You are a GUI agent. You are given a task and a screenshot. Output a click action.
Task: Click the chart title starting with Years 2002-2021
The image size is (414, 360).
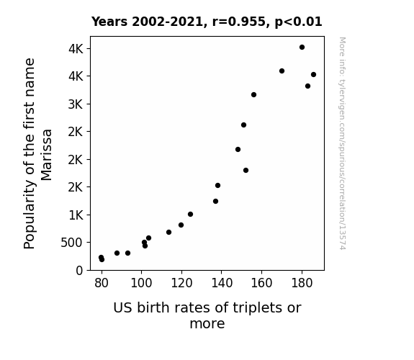pyautogui.click(x=207, y=22)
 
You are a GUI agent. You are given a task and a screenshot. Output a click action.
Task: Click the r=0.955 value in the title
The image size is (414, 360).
pyautogui.click(x=239, y=22)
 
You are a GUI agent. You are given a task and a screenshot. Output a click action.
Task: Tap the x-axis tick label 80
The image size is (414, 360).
pyautogui.click(x=102, y=283)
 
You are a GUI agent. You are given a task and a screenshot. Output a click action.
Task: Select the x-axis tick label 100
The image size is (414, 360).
pyautogui.click(x=142, y=283)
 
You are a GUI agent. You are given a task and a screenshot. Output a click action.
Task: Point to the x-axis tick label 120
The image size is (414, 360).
pyautogui.click(x=181, y=283)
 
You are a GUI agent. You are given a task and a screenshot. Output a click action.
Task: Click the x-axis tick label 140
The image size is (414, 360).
pyautogui.click(x=222, y=283)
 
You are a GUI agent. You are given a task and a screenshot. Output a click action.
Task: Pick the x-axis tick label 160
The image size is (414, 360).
pyautogui.click(x=261, y=283)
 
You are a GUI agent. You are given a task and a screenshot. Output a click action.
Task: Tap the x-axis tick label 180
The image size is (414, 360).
pyautogui.click(x=302, y=283)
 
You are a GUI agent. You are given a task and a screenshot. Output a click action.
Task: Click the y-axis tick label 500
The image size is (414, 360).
pyautogui.click(x=71, y=243)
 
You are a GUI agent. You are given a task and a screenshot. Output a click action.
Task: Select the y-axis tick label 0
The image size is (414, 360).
pyautogui.click(x=79, y=271)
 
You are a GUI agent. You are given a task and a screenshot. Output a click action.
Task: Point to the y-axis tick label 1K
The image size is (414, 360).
pyautogui.click(x=76, y=215)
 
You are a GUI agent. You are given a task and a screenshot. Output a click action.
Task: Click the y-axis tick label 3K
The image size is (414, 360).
pyautogui.click(x=76, y=104)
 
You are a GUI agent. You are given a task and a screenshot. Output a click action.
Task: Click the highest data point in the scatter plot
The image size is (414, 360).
pyautogui.click(x=302, y=48)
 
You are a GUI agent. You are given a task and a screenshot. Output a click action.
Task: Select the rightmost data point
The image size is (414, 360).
pyautogui.click(x=313, y=74)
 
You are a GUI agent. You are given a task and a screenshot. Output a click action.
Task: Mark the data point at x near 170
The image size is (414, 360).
pyautogui.click(x=282, y=71)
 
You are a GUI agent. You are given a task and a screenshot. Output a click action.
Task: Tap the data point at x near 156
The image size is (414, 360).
pyautogui.click(x=253, y=94)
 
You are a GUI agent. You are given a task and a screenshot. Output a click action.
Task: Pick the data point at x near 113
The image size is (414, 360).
pyautogui.click(x=168, y=232)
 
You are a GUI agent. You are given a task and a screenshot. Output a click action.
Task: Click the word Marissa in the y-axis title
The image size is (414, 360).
pyautogui.click(x=47, y=155)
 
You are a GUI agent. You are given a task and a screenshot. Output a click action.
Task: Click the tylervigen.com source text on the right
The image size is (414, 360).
pyautogui.click(x=342, y=143)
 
